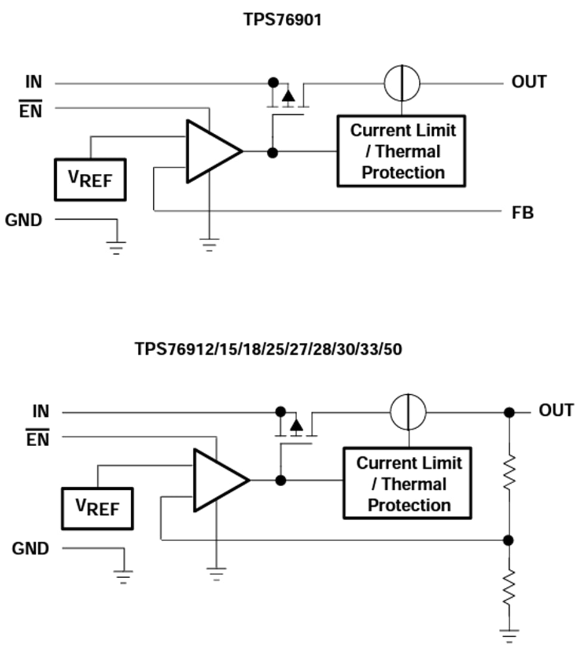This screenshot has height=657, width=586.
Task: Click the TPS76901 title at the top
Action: point(283,20)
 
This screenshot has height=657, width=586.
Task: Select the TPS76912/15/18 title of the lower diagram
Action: point(269,349)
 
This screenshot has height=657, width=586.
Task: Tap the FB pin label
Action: point(522,213)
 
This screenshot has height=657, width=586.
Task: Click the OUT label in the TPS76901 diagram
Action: point(529,82)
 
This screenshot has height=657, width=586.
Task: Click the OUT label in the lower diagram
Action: point(556,411)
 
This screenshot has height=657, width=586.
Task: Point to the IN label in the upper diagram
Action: point(33,82)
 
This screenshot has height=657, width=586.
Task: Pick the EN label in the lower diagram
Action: point(38,440)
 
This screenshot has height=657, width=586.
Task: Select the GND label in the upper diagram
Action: point(24,220)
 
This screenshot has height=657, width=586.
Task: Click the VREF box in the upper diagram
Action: point(90,179)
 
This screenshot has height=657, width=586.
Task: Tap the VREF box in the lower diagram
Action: point(97,508)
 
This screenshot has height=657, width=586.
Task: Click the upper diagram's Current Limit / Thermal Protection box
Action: point(401,151)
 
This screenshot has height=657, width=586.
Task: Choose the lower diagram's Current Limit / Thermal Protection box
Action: point(408,483)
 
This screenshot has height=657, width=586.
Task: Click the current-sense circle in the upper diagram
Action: point(402,82)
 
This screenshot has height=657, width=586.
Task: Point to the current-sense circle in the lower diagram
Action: point(409,412)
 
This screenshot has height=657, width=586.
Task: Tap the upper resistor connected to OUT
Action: point(508,472)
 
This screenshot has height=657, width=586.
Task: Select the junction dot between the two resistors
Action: point(508,541)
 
